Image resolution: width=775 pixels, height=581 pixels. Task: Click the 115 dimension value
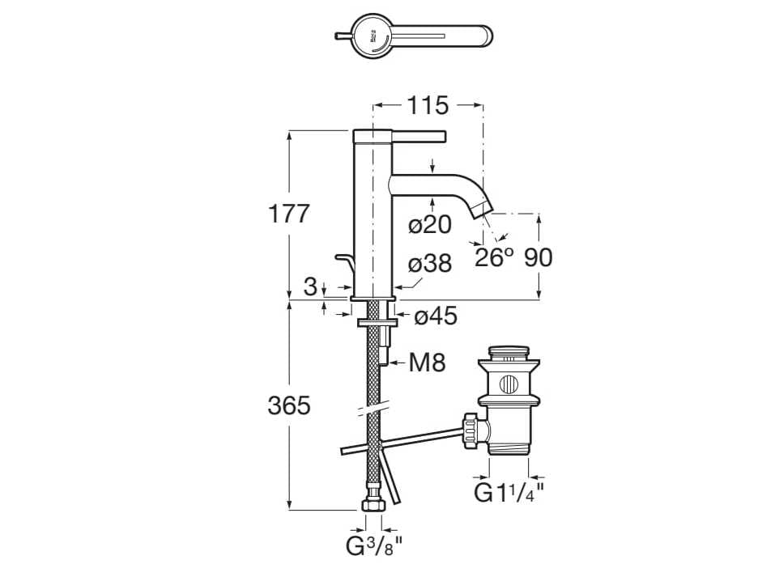tap(428, 105)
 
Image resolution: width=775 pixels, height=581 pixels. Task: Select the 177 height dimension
tap(289, 214)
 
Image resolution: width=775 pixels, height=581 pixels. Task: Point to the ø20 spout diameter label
tap(430, 225)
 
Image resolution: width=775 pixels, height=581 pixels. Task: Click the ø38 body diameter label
tap(430, 264)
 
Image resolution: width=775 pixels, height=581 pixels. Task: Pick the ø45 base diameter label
tap(436, 316)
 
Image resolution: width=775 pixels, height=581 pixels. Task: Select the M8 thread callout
tap(427, 363)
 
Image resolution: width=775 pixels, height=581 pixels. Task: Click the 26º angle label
tap(494, 258)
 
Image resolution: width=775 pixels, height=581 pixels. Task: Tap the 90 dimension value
tap(539, 258)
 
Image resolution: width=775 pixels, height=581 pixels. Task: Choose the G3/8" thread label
tap(374, 546)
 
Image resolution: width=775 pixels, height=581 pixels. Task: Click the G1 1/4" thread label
tap(509, 493)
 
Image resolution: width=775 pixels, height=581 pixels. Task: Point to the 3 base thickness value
tap(310, 286)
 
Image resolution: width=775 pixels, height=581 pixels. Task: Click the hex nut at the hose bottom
tap(373, 503)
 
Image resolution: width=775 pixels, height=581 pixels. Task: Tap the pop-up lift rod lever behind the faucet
tap(345, 265)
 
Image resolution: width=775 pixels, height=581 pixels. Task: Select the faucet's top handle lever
tap(413, 134)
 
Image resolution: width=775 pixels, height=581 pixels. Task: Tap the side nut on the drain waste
tap(470, 430)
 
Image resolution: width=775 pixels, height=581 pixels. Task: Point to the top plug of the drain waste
tap(509, 353)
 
